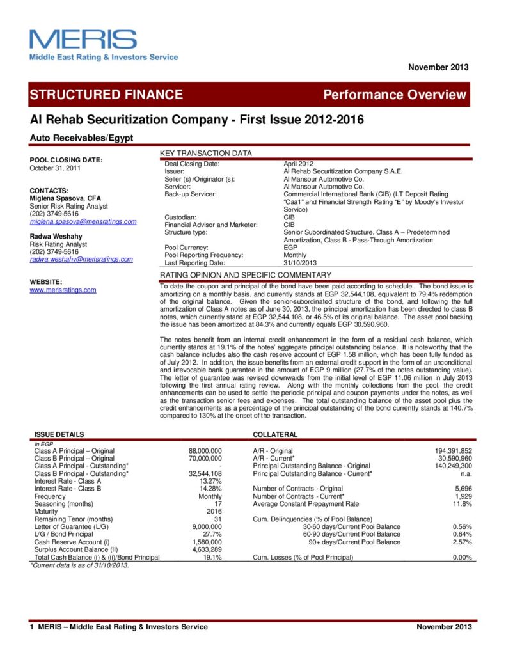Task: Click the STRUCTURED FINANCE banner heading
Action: pos(106,95)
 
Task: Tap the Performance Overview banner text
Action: pos(395,95)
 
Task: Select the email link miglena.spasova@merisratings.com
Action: pos(83,221)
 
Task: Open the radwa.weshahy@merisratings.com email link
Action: pos(81,259)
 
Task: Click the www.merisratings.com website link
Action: pos(63,290)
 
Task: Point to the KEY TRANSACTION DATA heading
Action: pos(205,154)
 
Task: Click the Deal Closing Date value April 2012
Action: pos(298,164)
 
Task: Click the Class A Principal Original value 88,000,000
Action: pos(205,451)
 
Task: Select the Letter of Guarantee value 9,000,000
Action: pos(207,526)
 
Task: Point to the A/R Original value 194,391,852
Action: pos(452,451)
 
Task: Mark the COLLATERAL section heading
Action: pos(276,434)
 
